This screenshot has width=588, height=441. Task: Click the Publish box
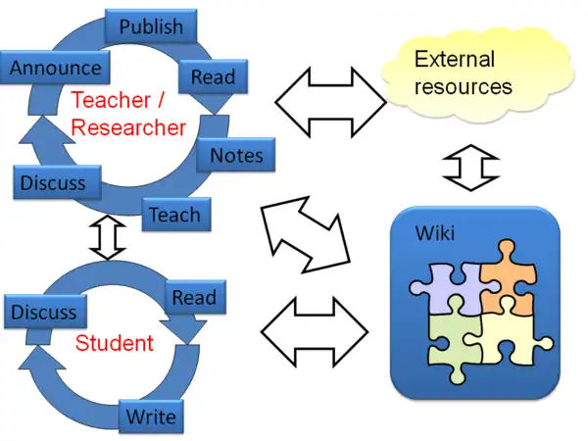coord(151,25)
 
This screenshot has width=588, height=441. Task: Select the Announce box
coord(56,68)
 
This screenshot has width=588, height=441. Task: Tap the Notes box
coord(236,154)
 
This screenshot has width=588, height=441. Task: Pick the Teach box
coord(174,214)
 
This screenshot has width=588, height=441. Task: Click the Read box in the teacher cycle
coord(213,76)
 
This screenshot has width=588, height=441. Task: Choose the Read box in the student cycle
coord(193,297)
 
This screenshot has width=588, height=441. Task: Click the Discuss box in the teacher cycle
coord(53,182)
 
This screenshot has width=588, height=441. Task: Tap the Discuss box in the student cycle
coord(43,312)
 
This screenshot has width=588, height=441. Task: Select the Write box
coord(151,416)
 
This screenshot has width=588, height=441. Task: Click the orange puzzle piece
coord(506,276)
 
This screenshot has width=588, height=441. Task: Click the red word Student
coord(115,343)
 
